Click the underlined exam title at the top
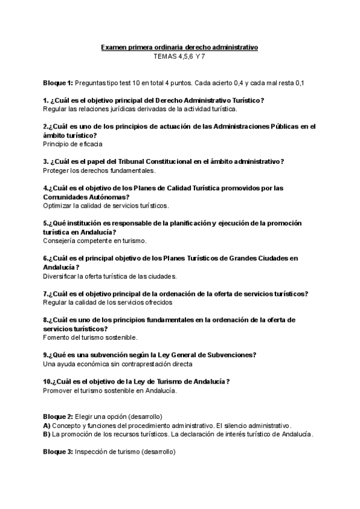(x=179, y=47)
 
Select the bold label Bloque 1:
(x=58, y=82)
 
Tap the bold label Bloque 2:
(x=58, y=417)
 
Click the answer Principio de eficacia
(x=73, y=144)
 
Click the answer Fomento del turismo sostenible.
(x=90, y=337)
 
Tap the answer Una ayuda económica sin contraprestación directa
(x=118, y=364)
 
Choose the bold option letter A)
(x=47, y=426)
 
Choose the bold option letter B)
(x=47, y=434)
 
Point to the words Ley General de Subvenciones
(x=208, y=355)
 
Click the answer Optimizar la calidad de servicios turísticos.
(x=106, y=205)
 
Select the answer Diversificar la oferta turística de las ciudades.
(x=110, y=276)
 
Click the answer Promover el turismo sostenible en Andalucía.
(x=110, y=390)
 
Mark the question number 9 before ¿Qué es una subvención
(x=46, y=355)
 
